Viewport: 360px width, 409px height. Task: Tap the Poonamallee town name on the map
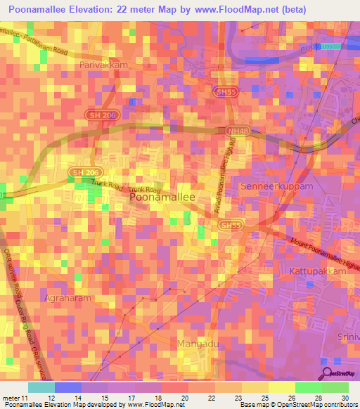pos(162,198)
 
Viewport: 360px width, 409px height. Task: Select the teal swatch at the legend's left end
pos(41,387)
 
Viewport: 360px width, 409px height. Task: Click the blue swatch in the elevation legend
pos(68,387)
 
